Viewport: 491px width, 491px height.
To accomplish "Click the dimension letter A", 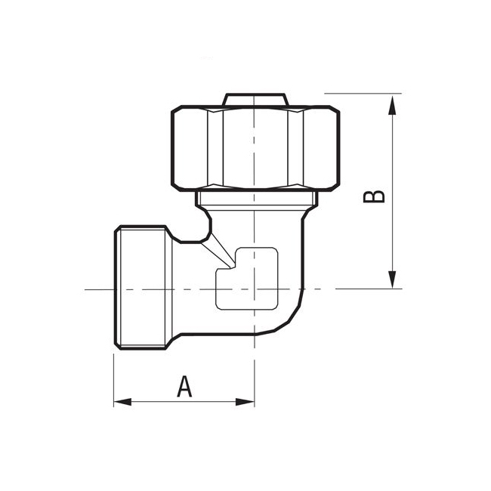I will [x=184, y=387].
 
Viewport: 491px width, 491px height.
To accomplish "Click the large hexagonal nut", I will [x=255, y=148].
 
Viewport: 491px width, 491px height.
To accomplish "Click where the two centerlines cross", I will [x=255, y=289].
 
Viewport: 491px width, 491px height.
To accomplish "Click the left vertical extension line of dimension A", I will [x=114, y=378].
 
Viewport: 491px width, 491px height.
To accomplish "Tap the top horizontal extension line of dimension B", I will [x=370, y=94].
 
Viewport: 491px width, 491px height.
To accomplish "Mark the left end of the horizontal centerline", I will [x=87, y=289].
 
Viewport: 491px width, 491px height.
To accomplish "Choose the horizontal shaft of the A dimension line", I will [x=151, y=401].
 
